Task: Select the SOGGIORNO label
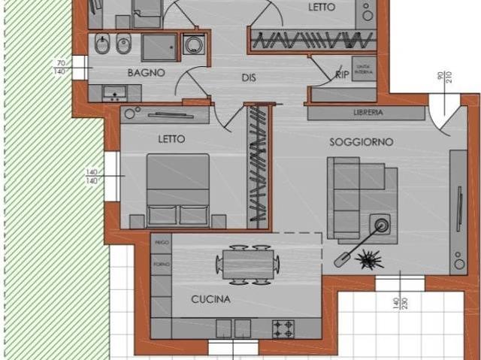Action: (361, 142)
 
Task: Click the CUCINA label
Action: (210, 299)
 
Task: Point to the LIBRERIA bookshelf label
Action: (368, 113)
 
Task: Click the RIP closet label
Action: (341, 75)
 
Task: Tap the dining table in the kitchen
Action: (247, 264)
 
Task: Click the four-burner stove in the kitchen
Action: (283, 328)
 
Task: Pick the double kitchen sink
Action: (233, 328)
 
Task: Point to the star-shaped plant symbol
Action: (369, 259)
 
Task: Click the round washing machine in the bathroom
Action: (194, 45)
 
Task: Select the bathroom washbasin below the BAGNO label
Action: (115, 93)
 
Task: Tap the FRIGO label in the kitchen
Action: (161, 244)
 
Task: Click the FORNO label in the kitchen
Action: (161, 262)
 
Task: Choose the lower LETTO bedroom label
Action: (171, 139)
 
